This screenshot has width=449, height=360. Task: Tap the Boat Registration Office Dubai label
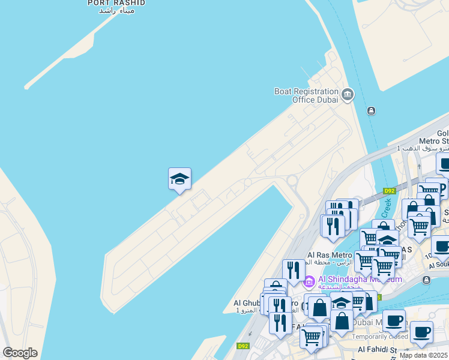(306, 95)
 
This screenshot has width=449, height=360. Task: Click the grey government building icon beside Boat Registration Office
(348, 95)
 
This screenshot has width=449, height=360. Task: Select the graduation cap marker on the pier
(179, 179)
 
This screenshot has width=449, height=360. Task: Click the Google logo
(20, 353)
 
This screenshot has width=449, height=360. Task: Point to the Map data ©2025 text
(423, 355)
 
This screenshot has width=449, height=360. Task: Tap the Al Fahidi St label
(378, 349)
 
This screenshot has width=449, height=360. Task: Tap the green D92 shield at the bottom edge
(243, 346)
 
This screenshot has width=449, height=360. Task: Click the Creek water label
(385, 209)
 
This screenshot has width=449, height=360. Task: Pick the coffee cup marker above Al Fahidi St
(421, 332)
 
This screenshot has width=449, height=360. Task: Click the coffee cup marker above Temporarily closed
(394, 320)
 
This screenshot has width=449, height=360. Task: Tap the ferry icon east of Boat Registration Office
(372, 111)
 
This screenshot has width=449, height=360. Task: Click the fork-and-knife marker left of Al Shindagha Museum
(293, 271)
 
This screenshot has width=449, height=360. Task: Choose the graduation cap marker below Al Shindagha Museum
(341, 303)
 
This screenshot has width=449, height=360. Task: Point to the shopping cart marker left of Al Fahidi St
(311, 337)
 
